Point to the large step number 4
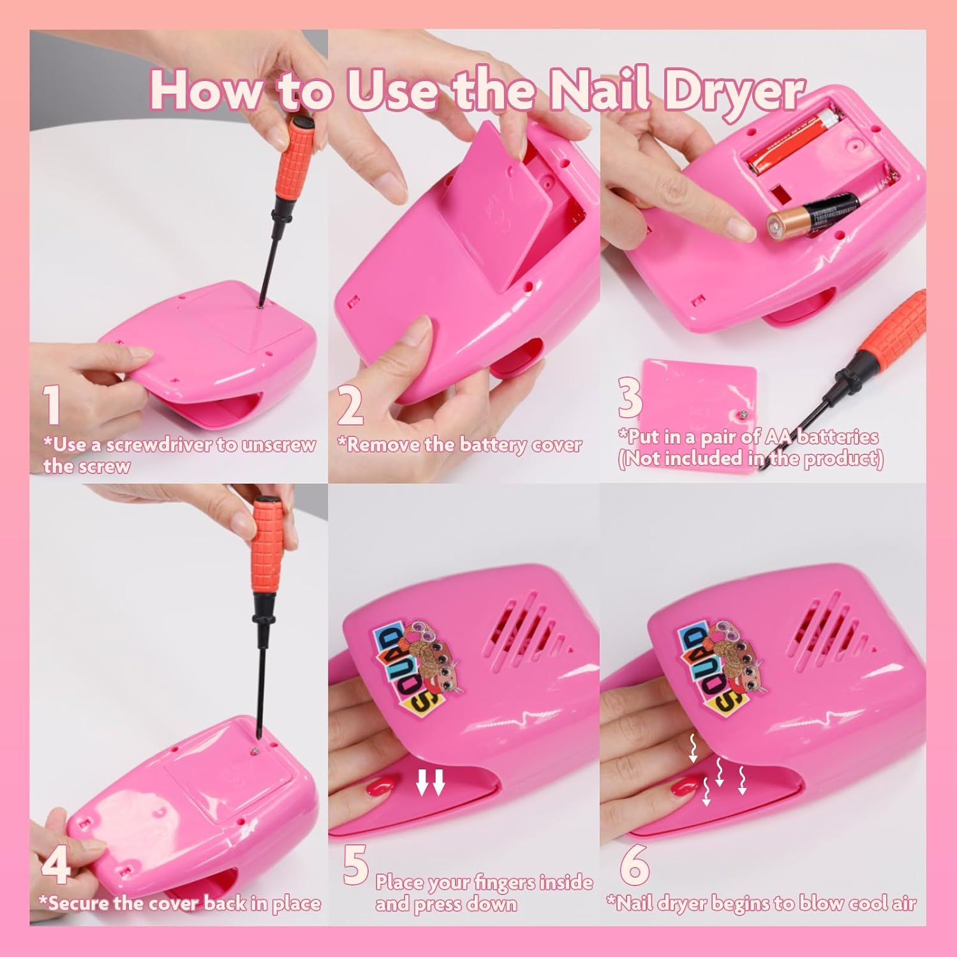tap(56, 864)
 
